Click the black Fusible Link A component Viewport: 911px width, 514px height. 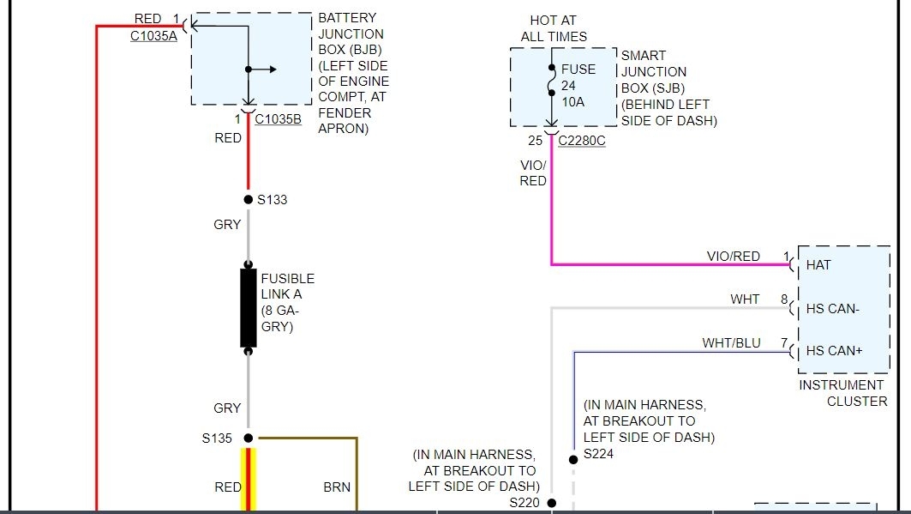pyautogui.click(x=249, y=308)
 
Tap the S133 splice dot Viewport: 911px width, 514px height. pyautogui.click(x=249, y=199)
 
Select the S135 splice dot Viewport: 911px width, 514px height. pyautogui.click(x=249, y=438)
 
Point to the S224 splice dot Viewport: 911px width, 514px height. pyautogui.click(x=572, y=459)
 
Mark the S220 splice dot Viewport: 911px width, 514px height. pyautogui.click(x=551, y=503)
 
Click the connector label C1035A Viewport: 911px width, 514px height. pyautogui.click(x=153, y=36)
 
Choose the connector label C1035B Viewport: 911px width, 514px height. pyautogui.click(x=278, y=119)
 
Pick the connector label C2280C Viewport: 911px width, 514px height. pyautogui.click(x=581, y=141)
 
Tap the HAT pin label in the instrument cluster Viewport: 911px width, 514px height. pyautogui.click(x=818, y=265)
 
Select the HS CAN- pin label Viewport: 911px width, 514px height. pyautogui.click(x=833, y=308)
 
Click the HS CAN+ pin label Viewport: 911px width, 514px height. pyautogui.click(x=834, y=350)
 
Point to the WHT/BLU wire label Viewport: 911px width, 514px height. pyautogui.click(x=731, y=342)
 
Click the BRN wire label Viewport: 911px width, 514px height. pyautogui.click(x=337, y=487)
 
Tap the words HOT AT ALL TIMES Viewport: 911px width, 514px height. pyautogui.click(x=554, y=27)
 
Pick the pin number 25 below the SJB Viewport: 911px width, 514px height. pyautogui.click(x=536, y=141)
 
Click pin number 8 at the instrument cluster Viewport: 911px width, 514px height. pyautogui.click(x=783, y=299)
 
